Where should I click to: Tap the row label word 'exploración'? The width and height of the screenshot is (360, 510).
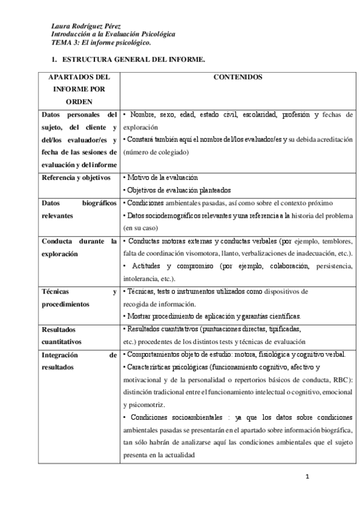point(60,254)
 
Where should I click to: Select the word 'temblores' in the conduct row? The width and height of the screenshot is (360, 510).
point(329,241)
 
